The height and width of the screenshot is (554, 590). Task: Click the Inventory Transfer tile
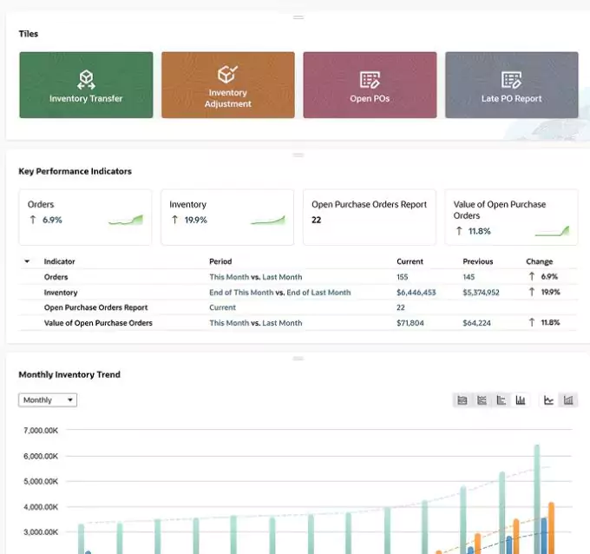pyautogui.click(x=86, y=85)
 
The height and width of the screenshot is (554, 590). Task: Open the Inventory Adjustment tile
pyautogui.click(x=227, y=85)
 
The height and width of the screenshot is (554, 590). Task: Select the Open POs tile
pyautogui.click(x=370, y=85)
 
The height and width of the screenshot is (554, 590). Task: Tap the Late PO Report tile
pyautogui.click(x=511, y=85)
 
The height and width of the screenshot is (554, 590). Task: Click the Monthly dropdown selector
pyautogui.click(x=48, y=400)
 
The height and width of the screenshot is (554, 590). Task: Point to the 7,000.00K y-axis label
pyautogui.click(x=41, y=431)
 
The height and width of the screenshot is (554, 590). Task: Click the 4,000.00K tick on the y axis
pyautogui.click(x=41, y=507)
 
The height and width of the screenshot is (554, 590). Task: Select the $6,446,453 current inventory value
pyautogui.click(x=416, y=293)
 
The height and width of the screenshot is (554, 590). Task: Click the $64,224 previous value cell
pyautogui.click(x=477, y=323)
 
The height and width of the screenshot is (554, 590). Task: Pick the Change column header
pyautogui.click(x=539, y=261)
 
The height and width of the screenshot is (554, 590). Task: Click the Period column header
pyautogui.click(x=220, y=261)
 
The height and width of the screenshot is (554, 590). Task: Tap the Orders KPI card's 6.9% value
pyautogui.click(x=52, y=221)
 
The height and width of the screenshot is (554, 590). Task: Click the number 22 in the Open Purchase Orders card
pyautogui.click(x=317, y=221)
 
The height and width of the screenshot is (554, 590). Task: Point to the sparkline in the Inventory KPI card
pyautogui.click(x=268, y=221)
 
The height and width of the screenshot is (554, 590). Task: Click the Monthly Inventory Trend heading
pyautogui.click(x=69, y=375)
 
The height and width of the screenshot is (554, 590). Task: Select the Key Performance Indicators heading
pyautogui.click(x=75, y=172)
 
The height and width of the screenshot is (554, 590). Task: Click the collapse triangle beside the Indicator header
pyautogui.click(x=27, y=261)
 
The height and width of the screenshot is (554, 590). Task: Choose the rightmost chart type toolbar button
pyautogui.click(x=569, y=400)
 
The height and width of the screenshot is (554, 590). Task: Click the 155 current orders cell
pyautogui.click(x=403, y=277)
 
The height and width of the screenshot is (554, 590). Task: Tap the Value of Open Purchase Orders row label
pyautogui.click(x=98, y=323)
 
